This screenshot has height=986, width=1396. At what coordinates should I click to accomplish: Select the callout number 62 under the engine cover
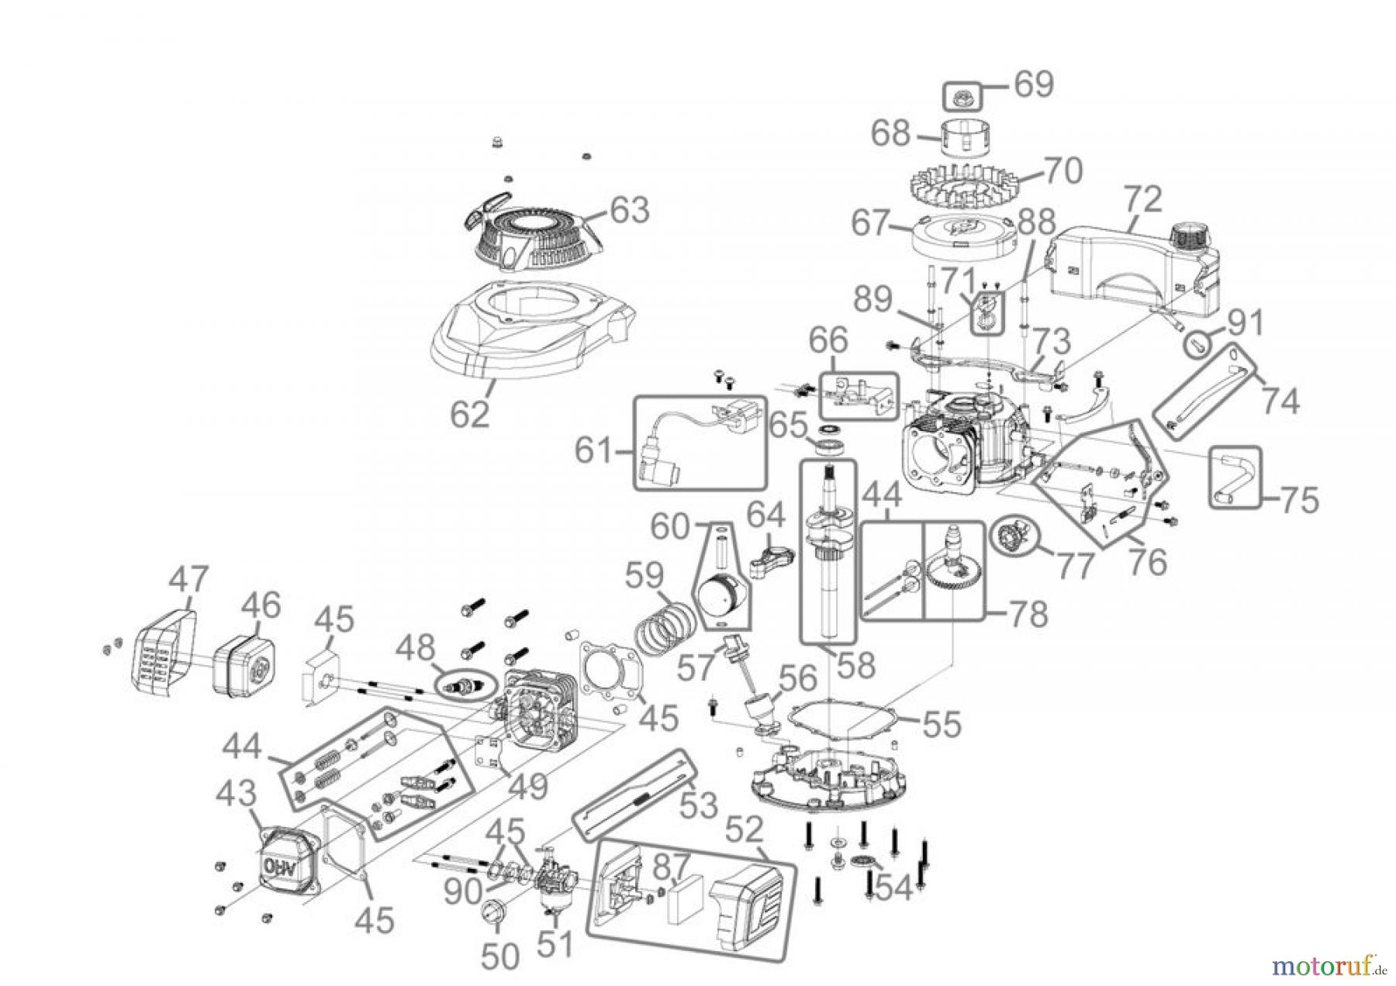click(x=470, y=414)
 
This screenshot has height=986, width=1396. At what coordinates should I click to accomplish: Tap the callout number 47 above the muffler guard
click(x=189, y=580)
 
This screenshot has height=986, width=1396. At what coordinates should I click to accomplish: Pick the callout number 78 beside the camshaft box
click(x=1028, y=614)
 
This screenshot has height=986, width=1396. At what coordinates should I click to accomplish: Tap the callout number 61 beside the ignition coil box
click(x=594, y=450)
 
